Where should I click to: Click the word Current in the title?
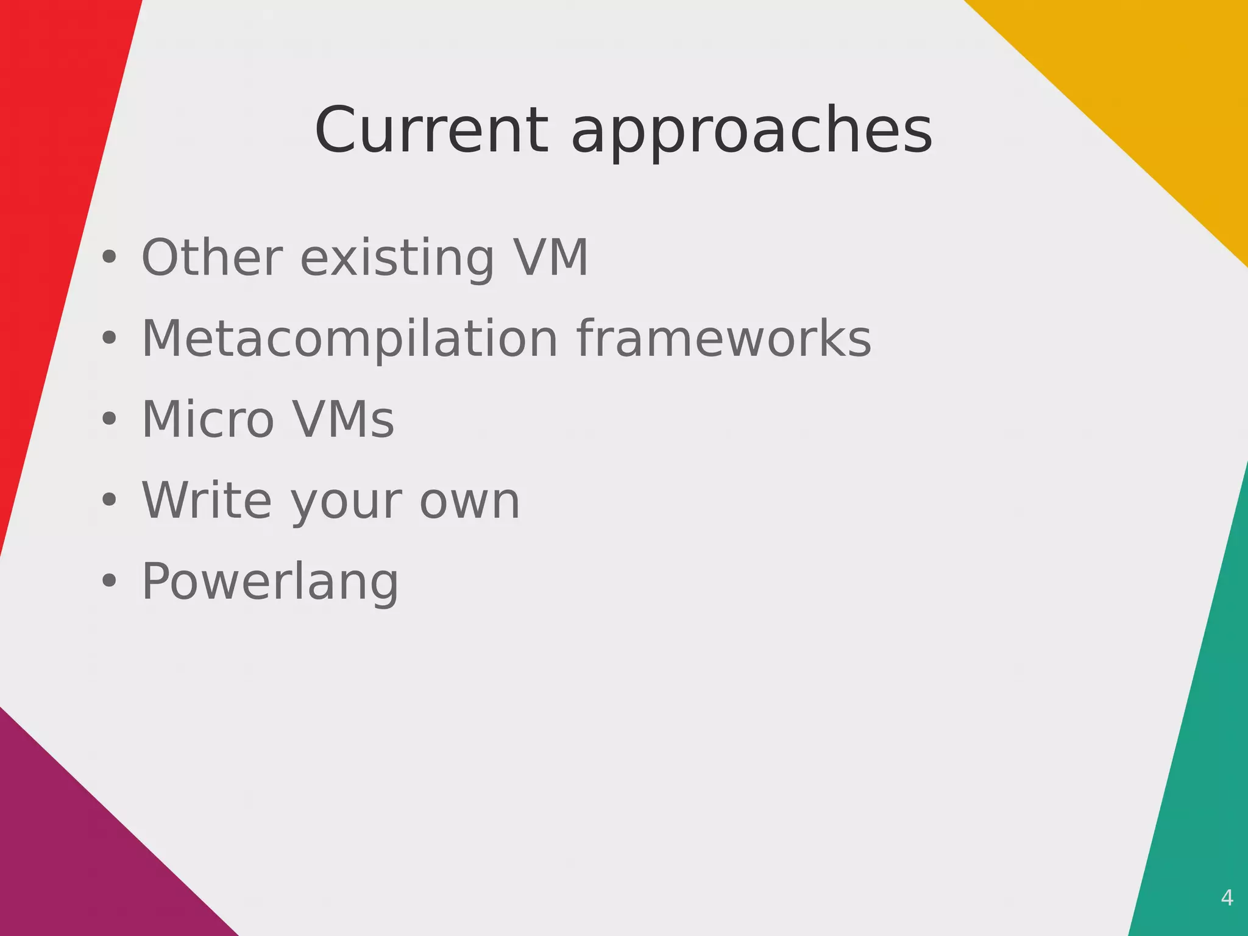(x=431, y=130)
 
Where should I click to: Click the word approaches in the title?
(x=751, y=134)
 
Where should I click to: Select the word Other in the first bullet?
(x=212, y=257)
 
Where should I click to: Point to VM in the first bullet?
(x=550, y=257)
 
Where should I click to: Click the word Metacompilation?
(x=350, y=339)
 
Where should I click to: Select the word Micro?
(x=208, y=419)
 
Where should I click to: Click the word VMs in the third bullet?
(x=343, y=419)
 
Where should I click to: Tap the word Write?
(x=207, y=500)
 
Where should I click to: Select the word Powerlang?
(x=270, y=583)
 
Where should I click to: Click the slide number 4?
(x=1227, y=898)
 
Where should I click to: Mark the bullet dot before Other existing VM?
(x=109, y=258)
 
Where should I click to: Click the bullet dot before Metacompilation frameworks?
(x=109, y=338)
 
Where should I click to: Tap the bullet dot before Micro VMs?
(x=109, y=419)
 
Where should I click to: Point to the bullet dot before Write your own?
(x=109, y=500)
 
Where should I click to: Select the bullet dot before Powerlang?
(x=109, y=581)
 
